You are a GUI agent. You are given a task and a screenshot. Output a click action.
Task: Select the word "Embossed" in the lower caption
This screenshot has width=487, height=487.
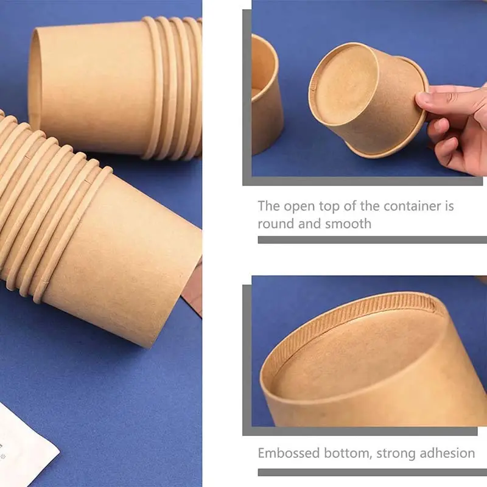(x=289, y=453)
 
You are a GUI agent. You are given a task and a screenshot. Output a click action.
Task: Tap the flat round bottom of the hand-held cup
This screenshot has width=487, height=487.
(x=344, y=85)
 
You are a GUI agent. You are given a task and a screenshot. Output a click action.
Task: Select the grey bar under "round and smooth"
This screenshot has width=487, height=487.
(x=373, y=240)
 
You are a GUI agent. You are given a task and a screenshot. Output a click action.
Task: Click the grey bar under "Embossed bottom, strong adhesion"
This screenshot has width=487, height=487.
(x=373, y=472)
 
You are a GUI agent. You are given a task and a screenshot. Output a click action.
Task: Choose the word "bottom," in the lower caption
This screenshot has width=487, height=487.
(x=348, y=454)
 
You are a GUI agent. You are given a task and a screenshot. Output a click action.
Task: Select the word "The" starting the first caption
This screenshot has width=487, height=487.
(x=269, y=206)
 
